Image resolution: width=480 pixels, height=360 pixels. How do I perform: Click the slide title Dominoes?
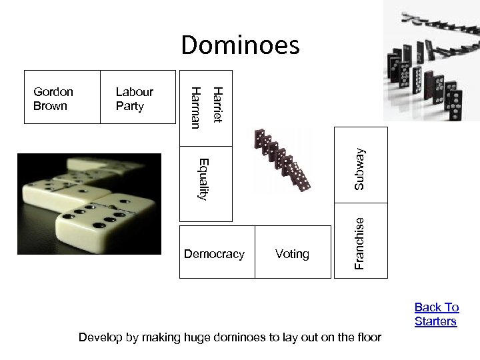pos(241,45)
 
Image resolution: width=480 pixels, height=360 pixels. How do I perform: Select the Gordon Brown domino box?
pos(62,97)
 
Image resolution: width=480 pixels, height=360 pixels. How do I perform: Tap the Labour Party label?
pos(134,99)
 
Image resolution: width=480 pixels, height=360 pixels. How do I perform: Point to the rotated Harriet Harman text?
pos(206,105)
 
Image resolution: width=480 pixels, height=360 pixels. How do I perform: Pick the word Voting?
pos(292,254)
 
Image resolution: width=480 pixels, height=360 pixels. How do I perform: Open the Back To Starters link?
pos(437,314)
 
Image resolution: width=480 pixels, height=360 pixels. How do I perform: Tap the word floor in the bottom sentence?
pos(366,337)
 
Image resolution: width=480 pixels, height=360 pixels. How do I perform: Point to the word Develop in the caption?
pos(100,337)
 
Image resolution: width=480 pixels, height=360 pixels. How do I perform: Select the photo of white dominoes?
pos(89,204)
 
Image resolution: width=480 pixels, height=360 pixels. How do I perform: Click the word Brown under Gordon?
pos(50,105)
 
